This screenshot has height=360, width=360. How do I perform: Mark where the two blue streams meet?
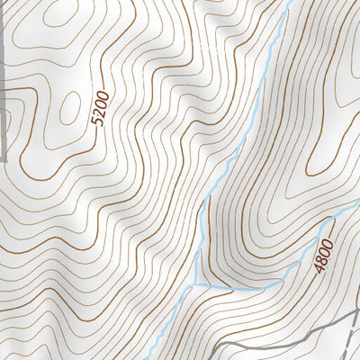point(195,284)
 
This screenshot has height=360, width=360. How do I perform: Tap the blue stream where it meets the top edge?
point(290,2)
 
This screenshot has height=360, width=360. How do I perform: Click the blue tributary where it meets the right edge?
point(357,205)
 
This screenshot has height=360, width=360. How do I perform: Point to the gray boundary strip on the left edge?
point(4,90)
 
